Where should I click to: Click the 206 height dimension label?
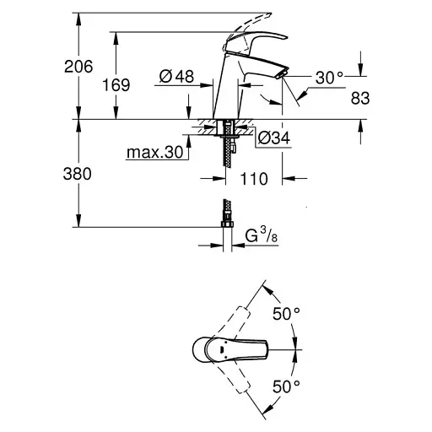pyautogui.click(x=78, y=67)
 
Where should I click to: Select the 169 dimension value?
pyautogui.click(x=116, y=84)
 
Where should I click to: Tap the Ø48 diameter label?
pyautogui.click(x=176, y=76)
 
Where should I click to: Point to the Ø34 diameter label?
pyautogui.click(x=274, y=138)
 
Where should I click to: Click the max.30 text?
pyautogui.click(x=154, y=152)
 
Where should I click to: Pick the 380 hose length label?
pyautogui.click(x=78, y=174)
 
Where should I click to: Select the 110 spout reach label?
pyautogui.click(x=254, y=179)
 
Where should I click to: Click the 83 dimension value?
pyautogui.click(x=360, y=98)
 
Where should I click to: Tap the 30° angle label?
pyautogui.click(x=329, y=78)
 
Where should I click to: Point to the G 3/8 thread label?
pyautogui.click(x=262, y=235)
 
